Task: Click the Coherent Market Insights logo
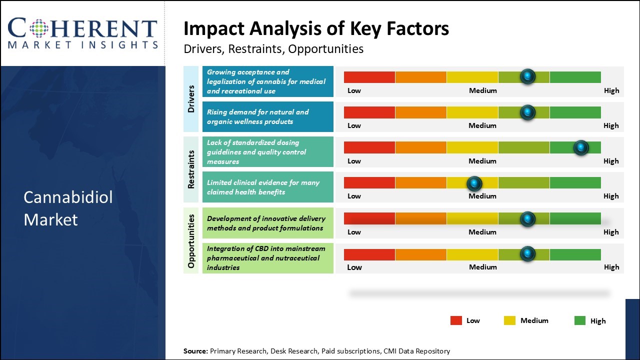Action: [82, 33]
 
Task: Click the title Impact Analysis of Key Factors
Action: [316, 29]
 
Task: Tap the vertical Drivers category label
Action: [191, 98]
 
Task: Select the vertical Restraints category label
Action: [191, 169]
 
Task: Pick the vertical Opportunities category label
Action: [191, 240]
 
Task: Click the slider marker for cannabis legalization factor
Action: [527, 76]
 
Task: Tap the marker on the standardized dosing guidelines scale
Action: [580, 147]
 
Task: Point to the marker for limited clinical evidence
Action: [474, 183]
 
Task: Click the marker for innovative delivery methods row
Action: [527, 218]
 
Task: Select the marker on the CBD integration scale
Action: [527, 254]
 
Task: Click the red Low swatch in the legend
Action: [456, 320]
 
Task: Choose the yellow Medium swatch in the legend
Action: [509, 320]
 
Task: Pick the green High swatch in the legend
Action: [580, 320]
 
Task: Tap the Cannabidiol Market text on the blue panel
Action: [68, 208]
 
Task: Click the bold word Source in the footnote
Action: [195, 351]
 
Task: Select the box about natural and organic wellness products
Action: [267, 116]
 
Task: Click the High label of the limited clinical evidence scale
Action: [611, 196]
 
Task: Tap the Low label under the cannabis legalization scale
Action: [354, 90]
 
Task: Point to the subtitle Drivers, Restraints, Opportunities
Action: [273, 49]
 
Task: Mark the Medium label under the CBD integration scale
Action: [483, 267]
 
